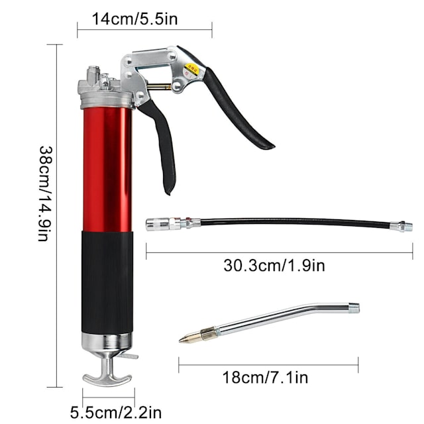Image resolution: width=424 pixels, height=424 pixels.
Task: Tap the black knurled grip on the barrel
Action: tap(107, 281)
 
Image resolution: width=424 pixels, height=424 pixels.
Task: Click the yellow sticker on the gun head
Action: tap(193, 67)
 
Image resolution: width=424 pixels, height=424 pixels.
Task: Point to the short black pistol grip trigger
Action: tap(163, 146)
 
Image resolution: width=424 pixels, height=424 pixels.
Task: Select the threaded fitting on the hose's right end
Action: tap(401, 227)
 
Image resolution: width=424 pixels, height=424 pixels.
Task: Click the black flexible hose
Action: tap(291, 223)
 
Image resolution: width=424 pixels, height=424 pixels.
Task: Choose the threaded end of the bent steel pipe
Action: tap(354, 308)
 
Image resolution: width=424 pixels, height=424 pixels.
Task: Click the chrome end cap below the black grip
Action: tap(107, 342)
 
